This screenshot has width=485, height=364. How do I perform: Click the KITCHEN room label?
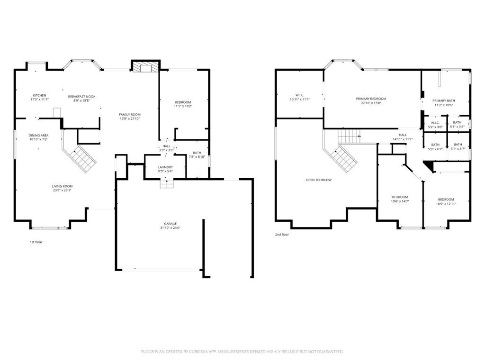(x=40, y=95)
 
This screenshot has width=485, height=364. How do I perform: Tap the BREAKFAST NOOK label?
(x=81, y=97)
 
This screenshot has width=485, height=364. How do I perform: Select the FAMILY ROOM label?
(x=130, y=115)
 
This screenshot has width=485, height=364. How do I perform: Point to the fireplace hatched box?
(x=145, y=68)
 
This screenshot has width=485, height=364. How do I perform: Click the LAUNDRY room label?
(x=165, y=167)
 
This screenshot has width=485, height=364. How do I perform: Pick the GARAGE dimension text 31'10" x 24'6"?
(x=171, y=228)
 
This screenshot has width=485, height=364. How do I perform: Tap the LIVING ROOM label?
(x=62, y=186)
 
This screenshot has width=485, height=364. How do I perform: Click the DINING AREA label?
(x=39, y=135)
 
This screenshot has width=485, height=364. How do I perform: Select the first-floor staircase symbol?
(x=82, y=159)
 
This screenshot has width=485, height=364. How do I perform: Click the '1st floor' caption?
(x=36, y=242)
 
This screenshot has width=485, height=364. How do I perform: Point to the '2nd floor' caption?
(x=282, y=235)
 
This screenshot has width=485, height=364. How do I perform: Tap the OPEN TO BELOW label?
(x=319, y=180)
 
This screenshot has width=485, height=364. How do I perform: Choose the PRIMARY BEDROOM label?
(x=371, y=99)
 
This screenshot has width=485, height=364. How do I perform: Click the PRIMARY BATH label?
(x=443, y=100)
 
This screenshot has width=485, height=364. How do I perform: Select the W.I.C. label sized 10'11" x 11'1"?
(x=300, y=95)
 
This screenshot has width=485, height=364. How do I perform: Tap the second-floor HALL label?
(x=403, y=135)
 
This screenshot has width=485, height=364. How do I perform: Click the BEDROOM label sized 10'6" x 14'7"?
(x=400, y=197)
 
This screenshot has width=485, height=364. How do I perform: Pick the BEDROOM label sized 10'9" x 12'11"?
(x=446, y=200)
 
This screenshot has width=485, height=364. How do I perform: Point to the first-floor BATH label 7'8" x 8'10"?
(x=197, y=153)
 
